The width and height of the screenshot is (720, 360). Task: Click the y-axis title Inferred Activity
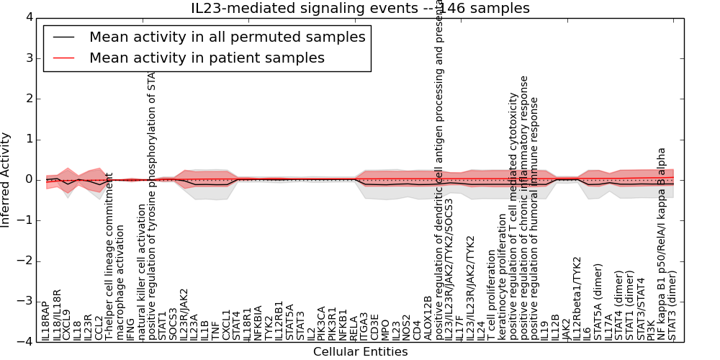6,179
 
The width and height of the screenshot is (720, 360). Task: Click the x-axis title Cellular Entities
360,352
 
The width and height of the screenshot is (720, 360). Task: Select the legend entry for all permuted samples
227,37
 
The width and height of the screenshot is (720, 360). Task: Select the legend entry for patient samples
207,58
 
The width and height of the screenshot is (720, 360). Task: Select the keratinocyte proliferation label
503,282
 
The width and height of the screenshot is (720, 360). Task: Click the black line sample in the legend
61,37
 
